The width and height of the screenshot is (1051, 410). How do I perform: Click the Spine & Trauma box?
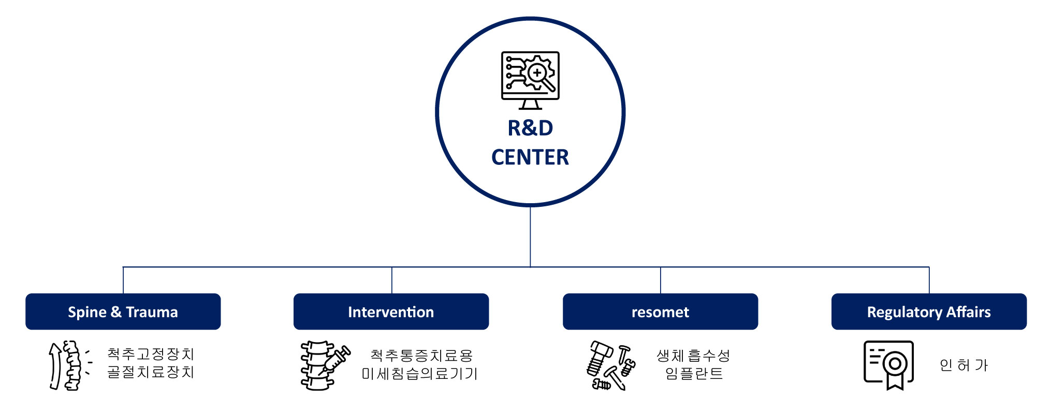pos(123,312)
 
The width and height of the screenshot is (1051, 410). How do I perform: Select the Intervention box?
pos(391,312)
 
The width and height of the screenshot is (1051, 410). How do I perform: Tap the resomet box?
pos(660,312)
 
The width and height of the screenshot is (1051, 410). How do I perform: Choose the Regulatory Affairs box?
pos(929,312)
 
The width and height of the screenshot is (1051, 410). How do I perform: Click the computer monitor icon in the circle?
pos(530,80)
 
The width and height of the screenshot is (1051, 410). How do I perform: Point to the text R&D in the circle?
pos(530,128)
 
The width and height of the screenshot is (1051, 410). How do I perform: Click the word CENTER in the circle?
pos(530,157)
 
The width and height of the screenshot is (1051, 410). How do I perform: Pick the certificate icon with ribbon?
pos(888,364)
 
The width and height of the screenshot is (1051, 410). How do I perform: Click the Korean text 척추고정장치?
pos(151,354)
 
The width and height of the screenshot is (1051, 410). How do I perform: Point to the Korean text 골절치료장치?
pos(151,372)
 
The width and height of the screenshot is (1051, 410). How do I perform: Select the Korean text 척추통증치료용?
pos(421,356)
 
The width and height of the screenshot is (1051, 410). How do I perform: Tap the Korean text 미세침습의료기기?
pos(419,373)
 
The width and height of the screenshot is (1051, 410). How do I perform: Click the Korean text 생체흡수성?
pos(693,356)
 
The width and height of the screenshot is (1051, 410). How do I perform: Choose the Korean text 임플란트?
pos(694,373)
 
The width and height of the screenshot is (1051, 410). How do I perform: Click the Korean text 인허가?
pos(964,365)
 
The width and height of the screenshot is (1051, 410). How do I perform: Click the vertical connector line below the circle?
pos(530,236)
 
